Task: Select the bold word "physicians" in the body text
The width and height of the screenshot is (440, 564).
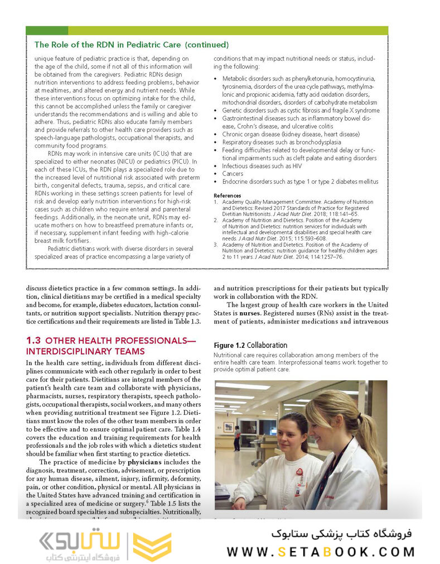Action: pyautogui.click(x=147, y=462)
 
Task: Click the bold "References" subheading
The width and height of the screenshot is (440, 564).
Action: pyautogui.click(x=228, y=195)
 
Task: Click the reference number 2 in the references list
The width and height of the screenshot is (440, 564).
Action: pyautogui.click(x=216, y=220)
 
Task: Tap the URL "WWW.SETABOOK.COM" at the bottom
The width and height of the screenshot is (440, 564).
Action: pyautogui.click(x=321, y=552)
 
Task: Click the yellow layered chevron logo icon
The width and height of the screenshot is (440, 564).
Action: pyautogui.click(x=152, y=546)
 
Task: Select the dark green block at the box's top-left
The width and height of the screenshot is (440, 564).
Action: pyautogui.click(x=47, y=31)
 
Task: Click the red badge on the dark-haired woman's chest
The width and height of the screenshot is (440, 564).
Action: pyautogui.click(x=299, y=472)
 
